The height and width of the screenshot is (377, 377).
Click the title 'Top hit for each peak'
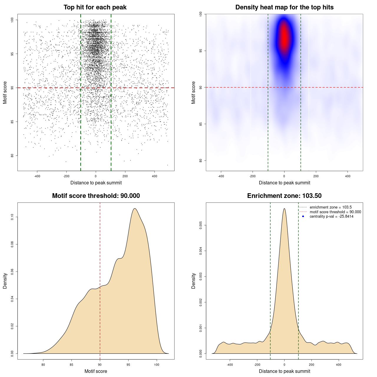click(95, 7)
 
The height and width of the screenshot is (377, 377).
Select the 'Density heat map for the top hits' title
click(284, 7)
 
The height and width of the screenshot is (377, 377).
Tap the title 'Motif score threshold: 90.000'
click(96, 196)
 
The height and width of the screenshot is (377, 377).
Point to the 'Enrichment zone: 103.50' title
click(284, 196)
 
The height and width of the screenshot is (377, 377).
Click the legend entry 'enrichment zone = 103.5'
click(330, 207)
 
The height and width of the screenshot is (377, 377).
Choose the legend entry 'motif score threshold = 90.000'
click(335, 212)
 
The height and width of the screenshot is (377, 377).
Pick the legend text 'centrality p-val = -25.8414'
click(331, 216)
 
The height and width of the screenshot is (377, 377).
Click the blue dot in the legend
click(303, 216)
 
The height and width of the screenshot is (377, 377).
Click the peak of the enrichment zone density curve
click(284, 209)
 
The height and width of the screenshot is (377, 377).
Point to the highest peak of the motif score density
click(135, 209)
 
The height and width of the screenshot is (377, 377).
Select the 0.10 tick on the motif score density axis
click(12, 217)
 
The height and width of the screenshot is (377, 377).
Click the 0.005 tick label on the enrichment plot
click(201, 226)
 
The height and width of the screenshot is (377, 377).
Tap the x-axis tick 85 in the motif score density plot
click(72, 365)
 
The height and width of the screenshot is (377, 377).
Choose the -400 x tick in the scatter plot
click(37, 176)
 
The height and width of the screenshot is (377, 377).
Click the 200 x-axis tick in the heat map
click(316, 176)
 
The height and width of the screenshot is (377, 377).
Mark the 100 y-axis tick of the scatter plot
click(12, 20)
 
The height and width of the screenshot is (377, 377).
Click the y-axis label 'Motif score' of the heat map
click(194, 92)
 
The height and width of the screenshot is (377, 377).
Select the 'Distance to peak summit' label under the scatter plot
click(96, 183)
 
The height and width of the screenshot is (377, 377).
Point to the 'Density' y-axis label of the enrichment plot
click(194, 281)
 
